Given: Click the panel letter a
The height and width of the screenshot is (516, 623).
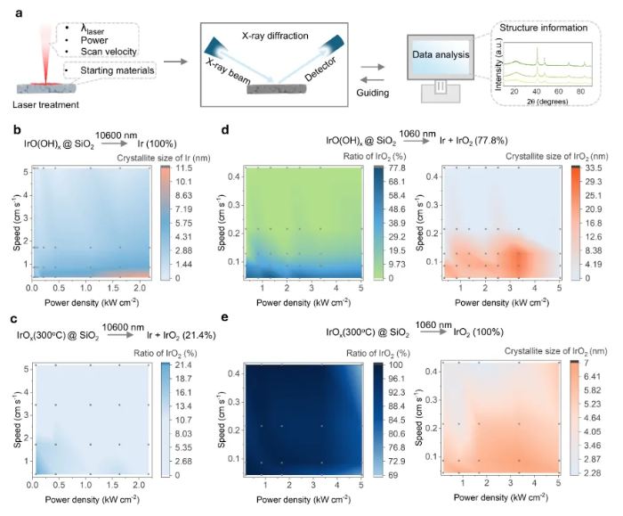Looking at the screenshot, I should point(19,11).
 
